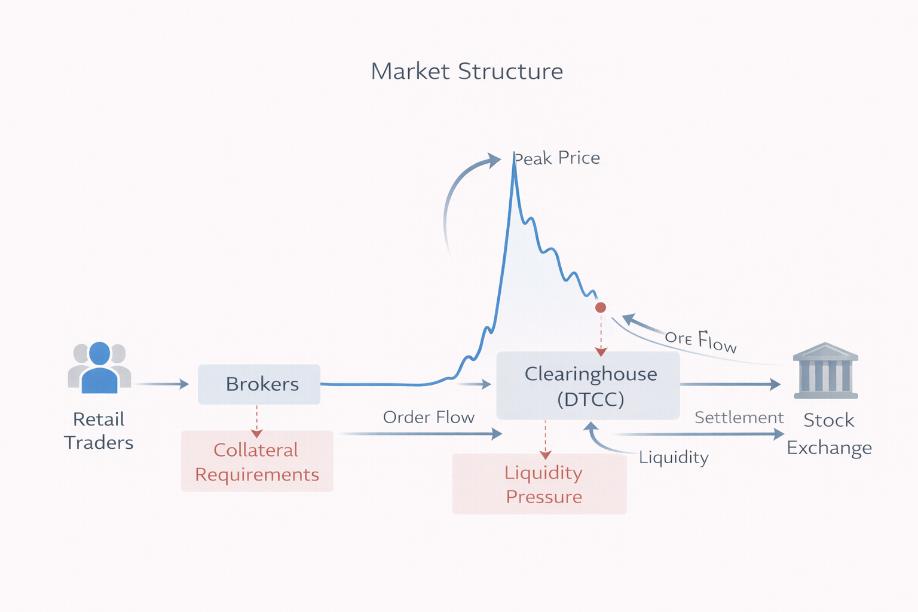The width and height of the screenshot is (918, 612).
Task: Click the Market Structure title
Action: click(x=467, y=71)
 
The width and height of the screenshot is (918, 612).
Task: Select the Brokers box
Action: click(x=259, y=384)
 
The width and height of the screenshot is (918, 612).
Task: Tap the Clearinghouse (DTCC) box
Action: click(x=589, y=385)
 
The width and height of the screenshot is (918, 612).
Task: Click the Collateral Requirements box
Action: click(x=257, y=461)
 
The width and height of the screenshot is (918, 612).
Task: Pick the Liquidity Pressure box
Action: click(x=540, y=484)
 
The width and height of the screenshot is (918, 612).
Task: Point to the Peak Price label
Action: click(x=558, y=158)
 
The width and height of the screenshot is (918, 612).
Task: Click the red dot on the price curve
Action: click(x=601, y=307)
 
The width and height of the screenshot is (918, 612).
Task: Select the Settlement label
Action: click(x=739, y=417)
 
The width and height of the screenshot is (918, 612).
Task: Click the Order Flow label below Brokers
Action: click(x=429, y=417)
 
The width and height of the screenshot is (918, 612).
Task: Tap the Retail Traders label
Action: click(x=99, y=430)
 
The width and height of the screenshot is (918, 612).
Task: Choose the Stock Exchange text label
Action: click(x=829, y=434)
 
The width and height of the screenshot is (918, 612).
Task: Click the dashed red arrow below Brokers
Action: click(x=257, y=421)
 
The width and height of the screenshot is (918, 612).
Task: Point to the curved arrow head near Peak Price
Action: click(x=494, y=160)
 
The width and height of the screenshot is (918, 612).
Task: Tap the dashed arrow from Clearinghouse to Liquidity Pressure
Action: click(x=545, y=439)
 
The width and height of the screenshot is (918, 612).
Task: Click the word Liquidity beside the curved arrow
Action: click(x=674, y=457)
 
